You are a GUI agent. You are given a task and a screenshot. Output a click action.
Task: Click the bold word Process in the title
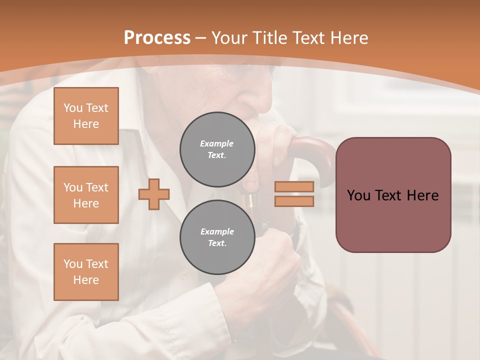157,38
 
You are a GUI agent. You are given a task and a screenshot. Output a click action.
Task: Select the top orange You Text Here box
86,116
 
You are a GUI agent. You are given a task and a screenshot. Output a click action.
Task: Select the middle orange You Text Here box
86,195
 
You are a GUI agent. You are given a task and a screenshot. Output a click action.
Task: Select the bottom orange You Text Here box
86,271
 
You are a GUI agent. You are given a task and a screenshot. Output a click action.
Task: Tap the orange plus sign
154,194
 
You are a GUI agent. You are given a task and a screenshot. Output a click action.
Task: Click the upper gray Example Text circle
217,149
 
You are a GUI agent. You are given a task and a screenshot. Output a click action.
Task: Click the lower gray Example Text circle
217,237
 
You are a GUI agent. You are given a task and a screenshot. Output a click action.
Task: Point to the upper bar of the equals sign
294,186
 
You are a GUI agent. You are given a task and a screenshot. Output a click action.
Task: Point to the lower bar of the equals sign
294,201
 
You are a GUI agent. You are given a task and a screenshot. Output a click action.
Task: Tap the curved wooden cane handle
315,150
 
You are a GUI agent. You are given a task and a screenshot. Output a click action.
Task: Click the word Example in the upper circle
217,143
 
